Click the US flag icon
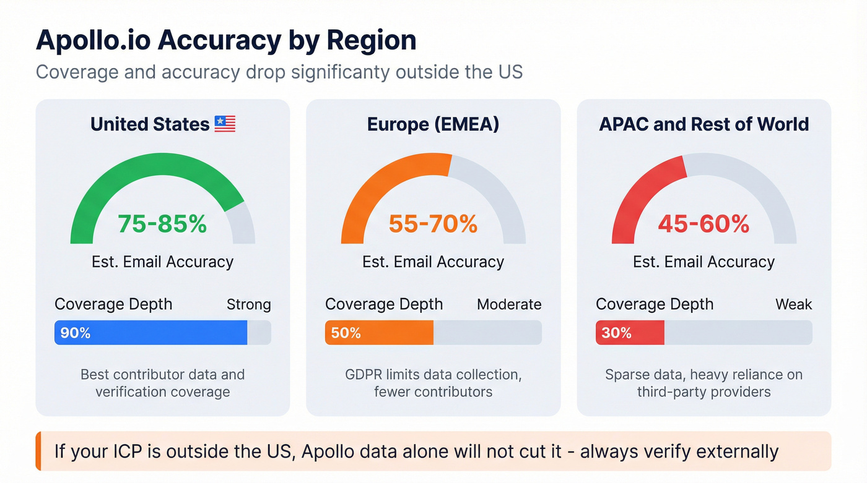pyautogui.click(x=225, y=124)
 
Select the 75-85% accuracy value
pyautogui.click(x=162, y=223)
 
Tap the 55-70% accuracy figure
pyautogui.click(x=433, y=223)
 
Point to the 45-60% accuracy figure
pyautogui.click(x=704, y=223)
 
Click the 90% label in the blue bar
pyautogui.click(x=76, y=333)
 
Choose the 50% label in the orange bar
pyautogui.click(x=346, y=333)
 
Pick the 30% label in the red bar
pyautogui.click(x=616, y=333)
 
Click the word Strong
pyautogui.click(x=248, y=304)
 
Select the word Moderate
pyautogui.click(x=509, y=304)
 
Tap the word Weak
pyautogui.click(x=793, y=304)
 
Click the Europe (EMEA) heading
pyautogui.click(x=433, y=124)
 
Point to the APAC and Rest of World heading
pyautogui.click(x=704, y=124)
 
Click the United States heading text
pyautogui.click(x=150, y=124)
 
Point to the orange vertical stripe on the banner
pyautogui.click(x=38, y=451)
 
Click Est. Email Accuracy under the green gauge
pyautogui.click(x=162, y=262)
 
